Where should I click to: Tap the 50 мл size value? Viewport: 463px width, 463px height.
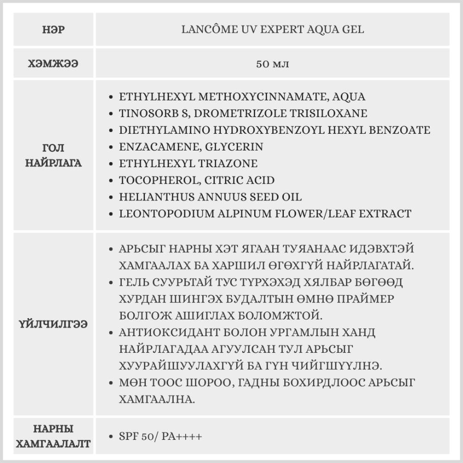coord(273,63)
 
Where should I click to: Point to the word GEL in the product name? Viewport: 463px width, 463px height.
coord(352,30)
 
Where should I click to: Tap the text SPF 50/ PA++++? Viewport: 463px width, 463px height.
coord(160,437)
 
